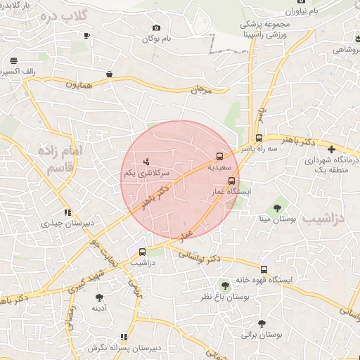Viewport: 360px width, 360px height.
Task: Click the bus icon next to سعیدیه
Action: (220, 156)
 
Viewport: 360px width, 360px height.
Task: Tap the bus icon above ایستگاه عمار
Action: (231, 181)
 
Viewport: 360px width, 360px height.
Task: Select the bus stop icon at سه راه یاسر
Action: (259, 138)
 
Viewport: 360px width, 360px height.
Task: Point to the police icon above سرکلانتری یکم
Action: (146, 162)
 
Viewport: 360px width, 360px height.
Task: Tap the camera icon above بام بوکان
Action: (155, 28)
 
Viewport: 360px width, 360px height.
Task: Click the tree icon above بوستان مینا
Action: (278, 208)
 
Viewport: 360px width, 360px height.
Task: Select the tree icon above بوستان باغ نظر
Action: (225, 285)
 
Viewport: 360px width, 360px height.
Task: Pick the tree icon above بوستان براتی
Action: (262, 324)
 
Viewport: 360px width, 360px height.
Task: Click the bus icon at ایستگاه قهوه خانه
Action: (264, 269)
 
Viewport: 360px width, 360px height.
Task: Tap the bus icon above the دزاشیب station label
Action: (143, 251)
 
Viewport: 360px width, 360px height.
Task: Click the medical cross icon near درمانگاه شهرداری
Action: (332, 149)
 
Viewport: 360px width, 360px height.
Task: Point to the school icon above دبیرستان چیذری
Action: (67, 212)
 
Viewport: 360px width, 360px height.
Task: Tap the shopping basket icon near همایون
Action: (110, 73)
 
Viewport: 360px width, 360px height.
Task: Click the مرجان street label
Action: (200, 90)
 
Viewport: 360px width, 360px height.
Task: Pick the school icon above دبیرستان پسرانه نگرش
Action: (124, 337)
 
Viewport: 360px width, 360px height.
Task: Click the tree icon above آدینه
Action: (98, 296)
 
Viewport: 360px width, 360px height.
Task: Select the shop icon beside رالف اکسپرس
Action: (14, 60)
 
